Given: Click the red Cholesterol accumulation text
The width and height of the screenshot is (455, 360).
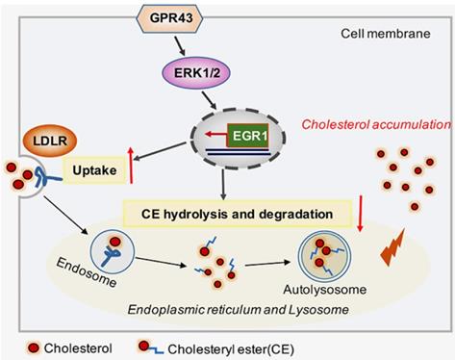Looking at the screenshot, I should [376, 124].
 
